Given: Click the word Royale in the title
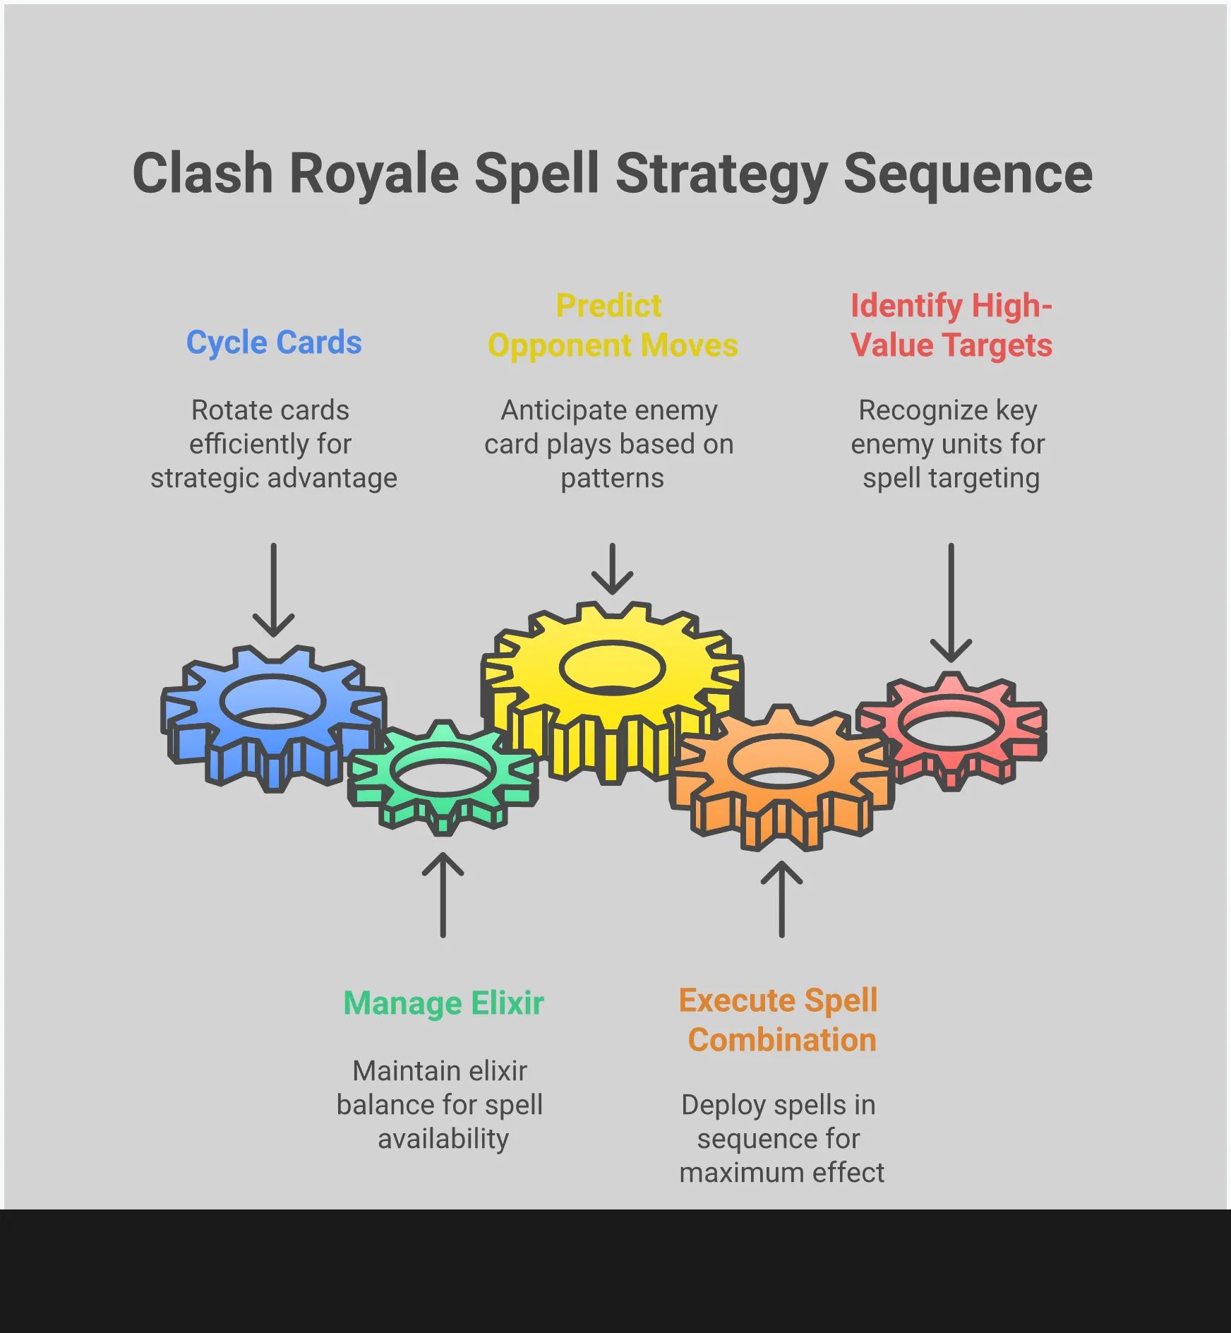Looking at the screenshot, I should (374, 174).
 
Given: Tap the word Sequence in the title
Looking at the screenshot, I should (968, 174).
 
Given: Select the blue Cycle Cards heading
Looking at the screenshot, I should (274, 342).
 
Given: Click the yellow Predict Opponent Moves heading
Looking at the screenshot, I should (612, 325).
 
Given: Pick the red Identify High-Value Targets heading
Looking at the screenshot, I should (951, 325).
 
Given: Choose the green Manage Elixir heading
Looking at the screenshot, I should (443, 1003).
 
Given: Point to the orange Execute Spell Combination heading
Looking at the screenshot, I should (781, 1020).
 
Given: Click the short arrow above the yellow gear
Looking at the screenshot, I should (612, 568).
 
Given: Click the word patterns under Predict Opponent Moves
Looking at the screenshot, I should (612, 478).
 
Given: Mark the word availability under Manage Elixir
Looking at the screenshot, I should (443, 1139).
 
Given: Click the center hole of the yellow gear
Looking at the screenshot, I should (612, 667).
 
